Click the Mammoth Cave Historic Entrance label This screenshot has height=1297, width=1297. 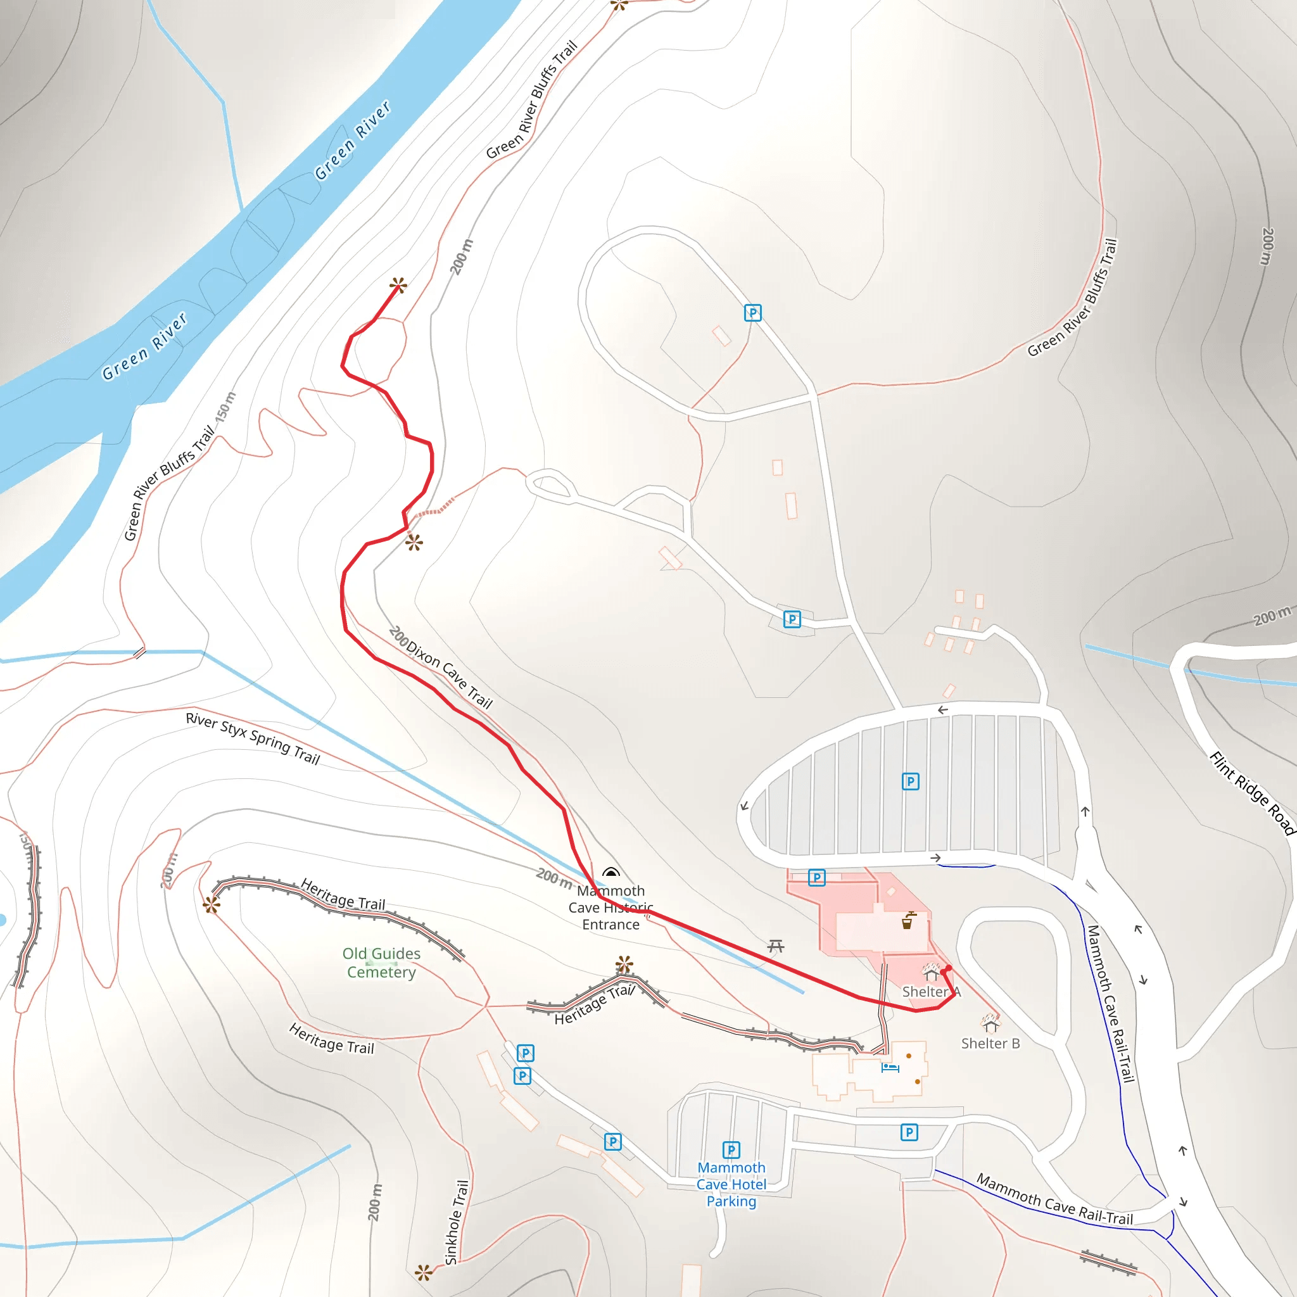611,908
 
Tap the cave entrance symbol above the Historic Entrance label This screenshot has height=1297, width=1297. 611,873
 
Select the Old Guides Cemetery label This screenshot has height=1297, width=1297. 381,963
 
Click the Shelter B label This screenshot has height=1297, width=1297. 990,1043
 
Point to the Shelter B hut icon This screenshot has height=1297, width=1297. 991,1025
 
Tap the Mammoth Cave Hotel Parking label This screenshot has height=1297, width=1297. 731,1184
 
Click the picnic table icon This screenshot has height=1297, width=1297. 776,947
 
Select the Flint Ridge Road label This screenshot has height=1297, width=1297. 1252,793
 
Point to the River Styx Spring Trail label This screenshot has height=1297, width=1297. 253,738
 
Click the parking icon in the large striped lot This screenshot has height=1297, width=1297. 910,781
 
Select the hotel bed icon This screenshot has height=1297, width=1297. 890,1067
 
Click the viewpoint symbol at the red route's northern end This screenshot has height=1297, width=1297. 398,286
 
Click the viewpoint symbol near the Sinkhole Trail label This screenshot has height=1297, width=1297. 423,1273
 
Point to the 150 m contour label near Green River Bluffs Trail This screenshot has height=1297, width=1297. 226,407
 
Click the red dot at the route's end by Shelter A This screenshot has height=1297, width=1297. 949,969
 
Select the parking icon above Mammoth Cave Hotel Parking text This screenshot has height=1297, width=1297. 731,1150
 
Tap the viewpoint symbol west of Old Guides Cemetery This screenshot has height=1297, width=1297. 212,906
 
